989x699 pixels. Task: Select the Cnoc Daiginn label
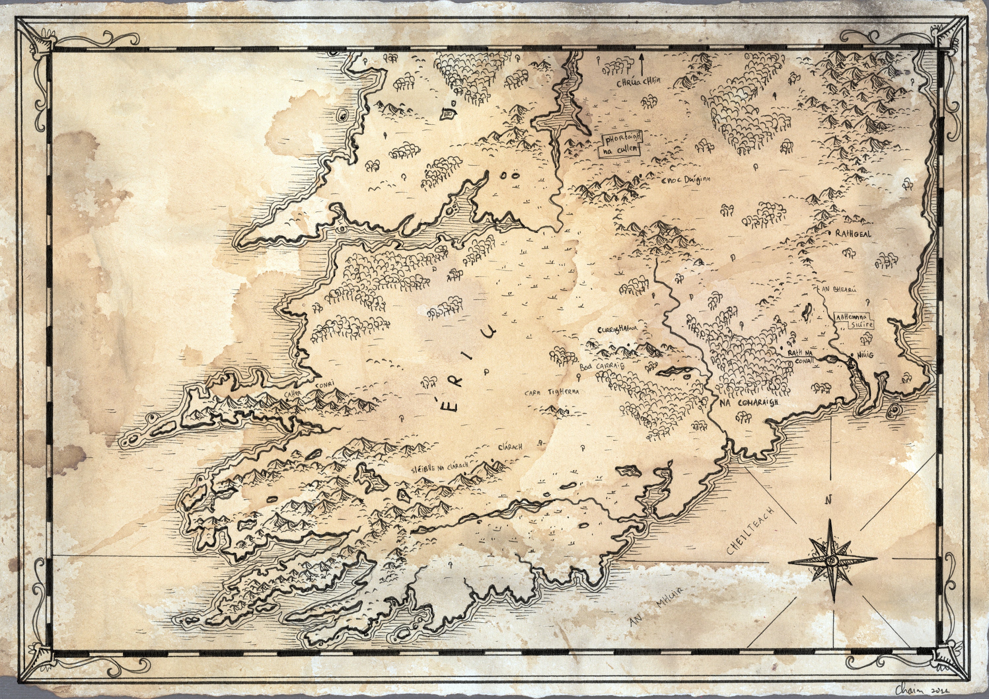click(685, 180)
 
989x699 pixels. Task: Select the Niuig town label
click(865, 355)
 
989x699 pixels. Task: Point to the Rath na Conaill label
click(801, 357)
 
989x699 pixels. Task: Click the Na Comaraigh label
click(752, 403)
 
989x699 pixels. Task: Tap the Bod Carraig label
click(601, 366)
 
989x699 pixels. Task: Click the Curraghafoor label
click(617, 330)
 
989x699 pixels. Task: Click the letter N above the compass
click(828, 500)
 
